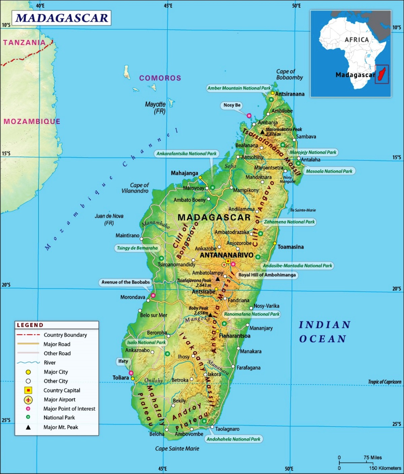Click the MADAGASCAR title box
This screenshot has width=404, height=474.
[62, 18]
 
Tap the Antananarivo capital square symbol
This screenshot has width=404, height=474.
[228, 261]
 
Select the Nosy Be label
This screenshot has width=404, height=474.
[232, 105]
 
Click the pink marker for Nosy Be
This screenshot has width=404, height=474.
[249, 115]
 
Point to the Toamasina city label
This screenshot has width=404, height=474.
[291, 247]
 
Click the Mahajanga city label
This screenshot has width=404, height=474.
[184, 173]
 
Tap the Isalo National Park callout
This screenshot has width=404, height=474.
[146, 342]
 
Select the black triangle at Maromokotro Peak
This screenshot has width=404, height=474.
[262, 132]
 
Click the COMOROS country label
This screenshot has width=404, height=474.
[160, 78]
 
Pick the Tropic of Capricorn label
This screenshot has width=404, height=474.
[384, 382]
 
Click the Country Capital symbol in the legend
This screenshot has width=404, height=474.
[28, 390]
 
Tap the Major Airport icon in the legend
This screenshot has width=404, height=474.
[28, 400]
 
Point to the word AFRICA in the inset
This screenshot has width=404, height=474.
[357, 40]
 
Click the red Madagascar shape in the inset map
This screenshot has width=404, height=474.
[382, 74]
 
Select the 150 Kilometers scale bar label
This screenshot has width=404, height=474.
[385, 468]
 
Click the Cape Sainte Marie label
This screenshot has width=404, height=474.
[177, 448]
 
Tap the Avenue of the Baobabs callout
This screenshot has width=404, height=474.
[126, 282]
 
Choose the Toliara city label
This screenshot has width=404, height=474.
[121, 378]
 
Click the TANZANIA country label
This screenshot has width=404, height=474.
[24, 42]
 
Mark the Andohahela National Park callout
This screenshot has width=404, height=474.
[233, 439]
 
